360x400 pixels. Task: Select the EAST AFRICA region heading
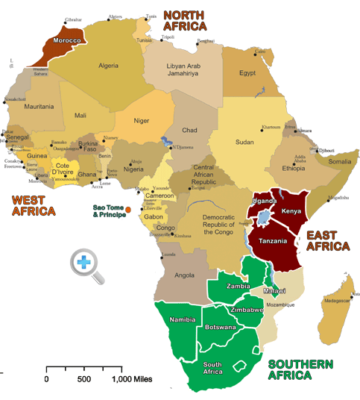coord(328,240)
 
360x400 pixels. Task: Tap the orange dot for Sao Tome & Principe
coord(128,210)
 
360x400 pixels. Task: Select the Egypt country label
coord(247,73)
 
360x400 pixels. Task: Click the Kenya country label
coord(291,211)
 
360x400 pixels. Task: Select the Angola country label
coord(184,275)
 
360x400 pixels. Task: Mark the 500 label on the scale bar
coord(84,379)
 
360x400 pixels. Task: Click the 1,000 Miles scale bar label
coord(132,379)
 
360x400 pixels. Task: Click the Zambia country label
coord(238,284)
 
